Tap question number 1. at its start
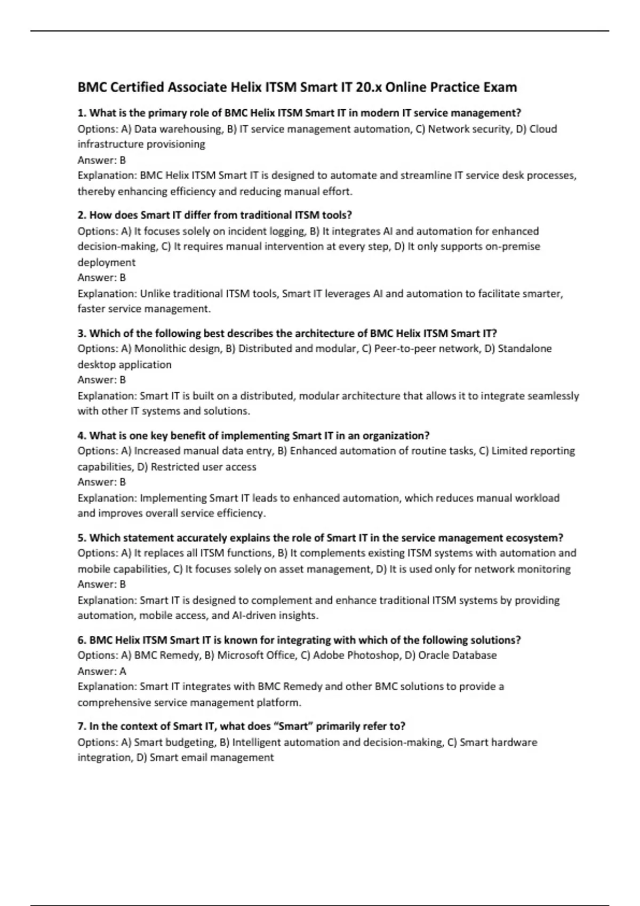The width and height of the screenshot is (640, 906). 82,113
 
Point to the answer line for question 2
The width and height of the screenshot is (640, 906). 102,278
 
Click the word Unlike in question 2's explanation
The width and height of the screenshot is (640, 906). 155,294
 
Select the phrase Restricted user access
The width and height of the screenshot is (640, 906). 203,467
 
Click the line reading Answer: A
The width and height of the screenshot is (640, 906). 102,672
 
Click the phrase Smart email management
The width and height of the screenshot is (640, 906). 212,758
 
